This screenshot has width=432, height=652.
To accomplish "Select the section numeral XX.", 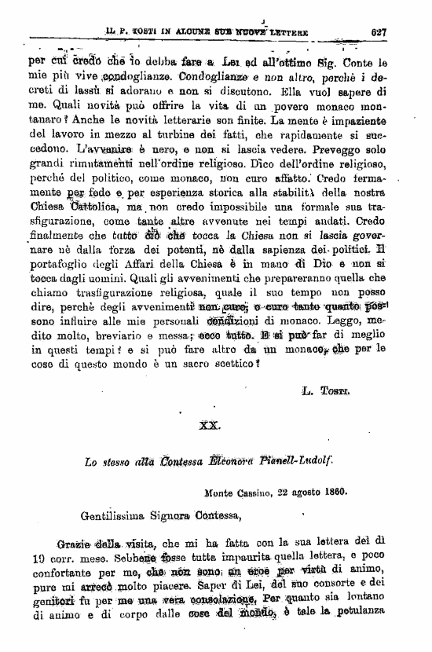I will point(210,424).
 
